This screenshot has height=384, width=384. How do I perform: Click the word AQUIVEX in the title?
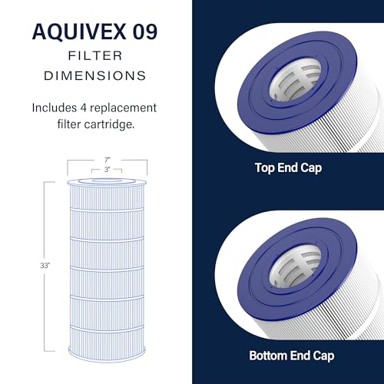click(79, 31)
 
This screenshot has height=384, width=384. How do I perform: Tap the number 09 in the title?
click(145, 31)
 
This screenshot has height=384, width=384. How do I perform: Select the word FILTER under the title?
click(95, 56)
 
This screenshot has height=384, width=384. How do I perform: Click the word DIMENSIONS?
click(95, 76)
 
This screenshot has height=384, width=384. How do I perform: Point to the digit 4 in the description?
click(84, 108)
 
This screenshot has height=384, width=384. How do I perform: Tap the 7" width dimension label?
click(107, 160)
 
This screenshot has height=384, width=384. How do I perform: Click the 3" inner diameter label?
click(107, 170)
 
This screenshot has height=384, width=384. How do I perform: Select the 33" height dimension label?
click(45, 266)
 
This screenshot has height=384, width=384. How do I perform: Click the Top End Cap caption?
click(288, 168)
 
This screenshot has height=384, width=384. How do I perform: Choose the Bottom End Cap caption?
click(292, 356)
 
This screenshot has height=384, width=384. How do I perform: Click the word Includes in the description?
click(55, 108)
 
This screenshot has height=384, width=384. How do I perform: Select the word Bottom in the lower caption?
click(268, 356)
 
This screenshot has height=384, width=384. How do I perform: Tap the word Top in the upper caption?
click(265, 168)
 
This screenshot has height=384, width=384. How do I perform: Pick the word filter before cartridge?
click(69, 124)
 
